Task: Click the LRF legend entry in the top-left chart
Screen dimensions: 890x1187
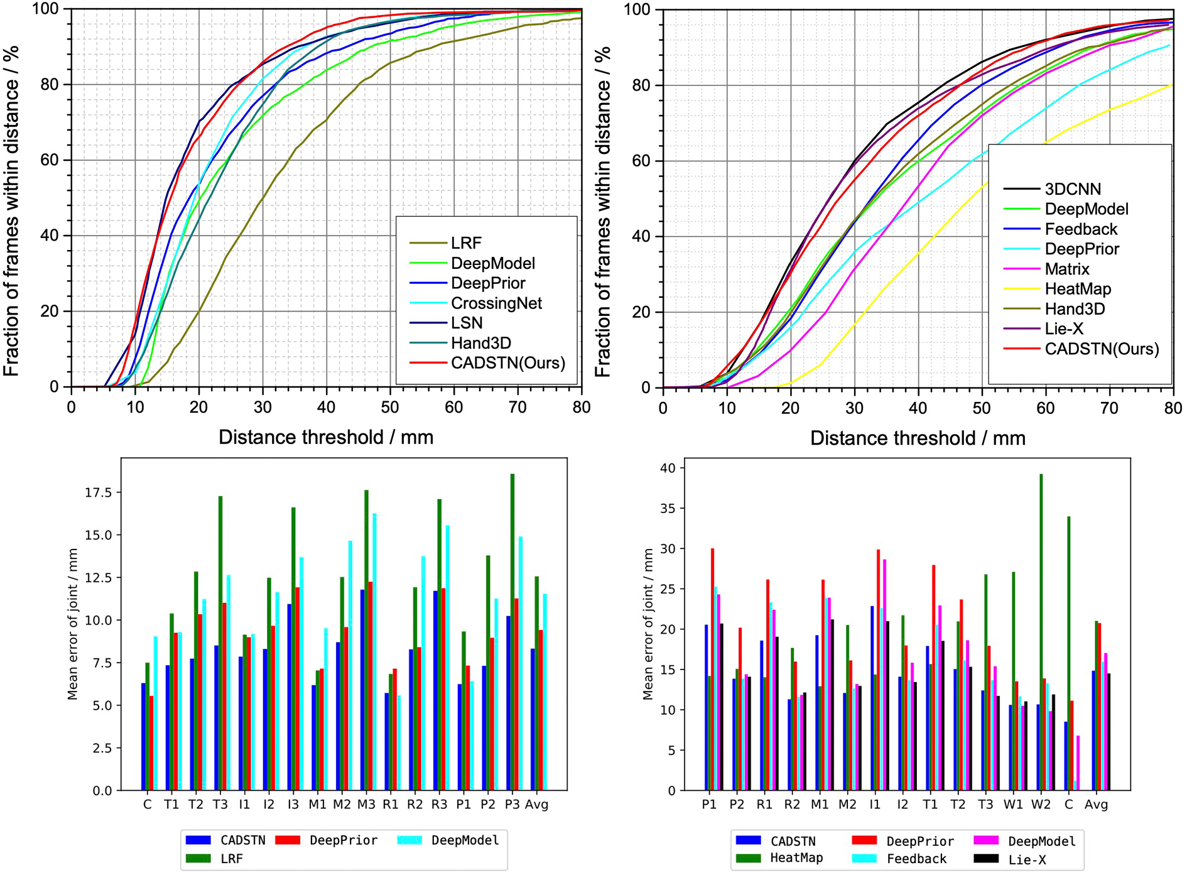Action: click(466, 243)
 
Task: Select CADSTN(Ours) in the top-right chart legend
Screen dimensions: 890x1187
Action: click(1102, 349)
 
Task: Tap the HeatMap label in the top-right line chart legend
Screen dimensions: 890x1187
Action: click(1078, 289)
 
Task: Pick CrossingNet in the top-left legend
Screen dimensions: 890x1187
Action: click(496, 303)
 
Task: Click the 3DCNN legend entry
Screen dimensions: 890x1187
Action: click(1073, 189)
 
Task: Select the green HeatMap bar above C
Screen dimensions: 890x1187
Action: click(1068, 653)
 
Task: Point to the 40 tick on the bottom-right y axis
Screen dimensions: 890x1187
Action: click(668, 468)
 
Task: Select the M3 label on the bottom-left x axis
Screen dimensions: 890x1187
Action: click(367, 805)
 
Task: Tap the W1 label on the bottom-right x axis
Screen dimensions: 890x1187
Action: click(1013, 805)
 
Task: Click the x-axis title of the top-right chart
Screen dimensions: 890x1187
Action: click(918, 438)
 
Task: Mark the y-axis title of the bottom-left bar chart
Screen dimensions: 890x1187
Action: click(73, 624)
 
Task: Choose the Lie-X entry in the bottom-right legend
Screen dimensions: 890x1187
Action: click(1027, 860)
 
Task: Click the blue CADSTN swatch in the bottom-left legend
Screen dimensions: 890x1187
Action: click(198, 840)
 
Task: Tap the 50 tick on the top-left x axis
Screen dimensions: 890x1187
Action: click(390, 408)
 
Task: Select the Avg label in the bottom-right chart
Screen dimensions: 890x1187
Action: click(1096, 805)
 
